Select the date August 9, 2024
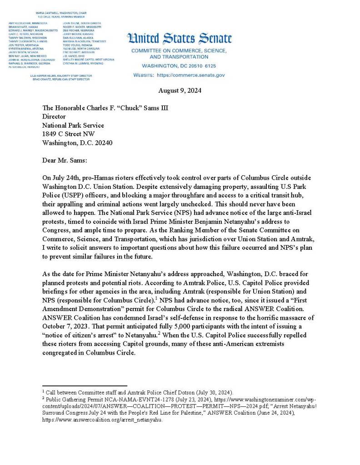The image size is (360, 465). [180, 90]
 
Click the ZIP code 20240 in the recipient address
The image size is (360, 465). [103, 142]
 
